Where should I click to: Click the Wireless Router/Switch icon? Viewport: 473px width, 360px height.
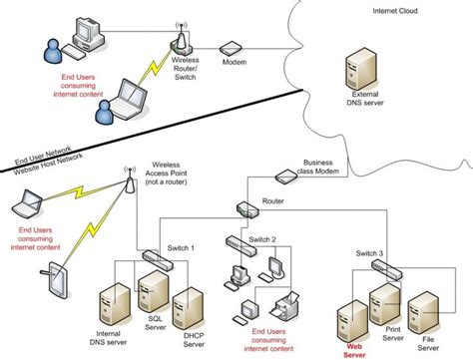(x=183, y=42)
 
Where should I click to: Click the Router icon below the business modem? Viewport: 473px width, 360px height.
(x=246, y=208)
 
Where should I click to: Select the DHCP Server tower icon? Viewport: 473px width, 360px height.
(x=188, y=309)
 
